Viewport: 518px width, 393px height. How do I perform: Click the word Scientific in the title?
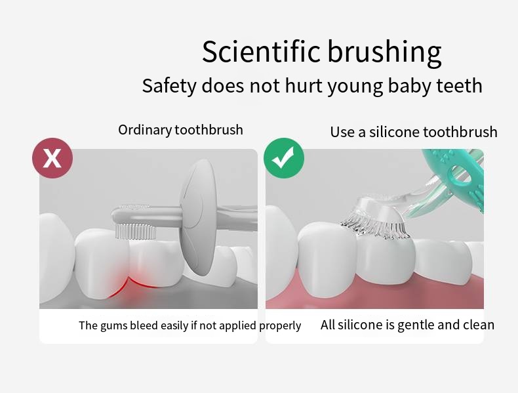261,51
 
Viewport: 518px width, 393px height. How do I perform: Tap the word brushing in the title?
384,53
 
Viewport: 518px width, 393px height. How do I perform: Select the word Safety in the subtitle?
169,86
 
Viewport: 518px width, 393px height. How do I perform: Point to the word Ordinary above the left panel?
145,130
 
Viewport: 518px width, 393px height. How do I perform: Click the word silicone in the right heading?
394,132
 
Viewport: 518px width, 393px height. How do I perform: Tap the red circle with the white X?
52,158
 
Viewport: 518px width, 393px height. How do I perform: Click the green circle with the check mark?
284,158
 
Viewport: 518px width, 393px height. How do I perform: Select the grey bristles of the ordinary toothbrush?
136,232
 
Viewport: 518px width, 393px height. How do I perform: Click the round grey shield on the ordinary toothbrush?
198,217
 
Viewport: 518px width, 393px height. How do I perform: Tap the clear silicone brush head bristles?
375,228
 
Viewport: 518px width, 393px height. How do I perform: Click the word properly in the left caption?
280,326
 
